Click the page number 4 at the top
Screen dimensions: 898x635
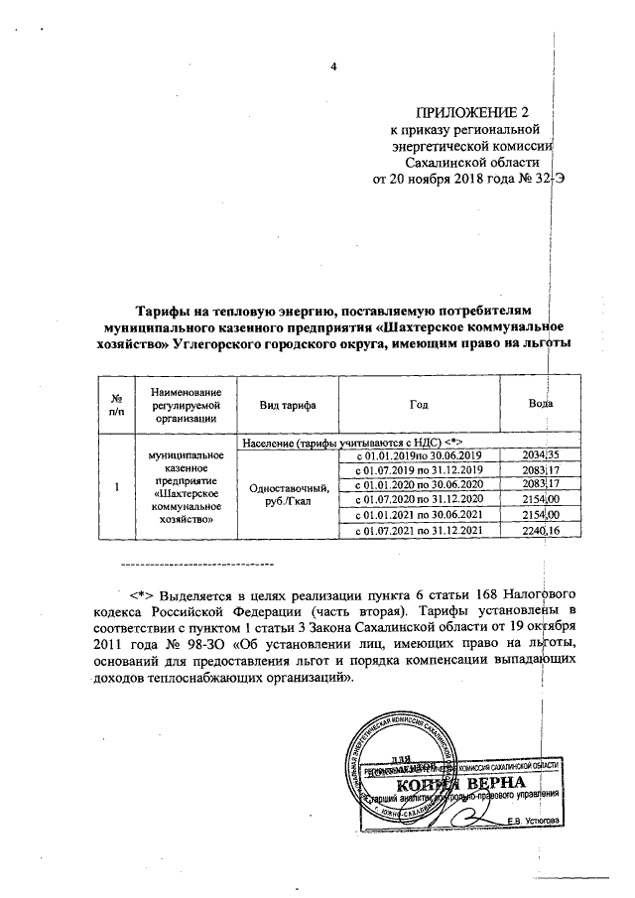tap(334, 66)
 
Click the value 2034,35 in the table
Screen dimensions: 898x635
tap(542, 453)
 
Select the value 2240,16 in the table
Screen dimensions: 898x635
tap(542, 532)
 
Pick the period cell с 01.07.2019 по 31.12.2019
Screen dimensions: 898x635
tap(419, 469)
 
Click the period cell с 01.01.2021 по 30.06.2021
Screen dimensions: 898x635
tap(419, 516)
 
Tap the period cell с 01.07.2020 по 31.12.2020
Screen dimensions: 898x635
tap(419, 500)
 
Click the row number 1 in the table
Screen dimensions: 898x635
tap(117, 486)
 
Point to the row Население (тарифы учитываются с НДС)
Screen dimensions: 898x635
tap(353, 439)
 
